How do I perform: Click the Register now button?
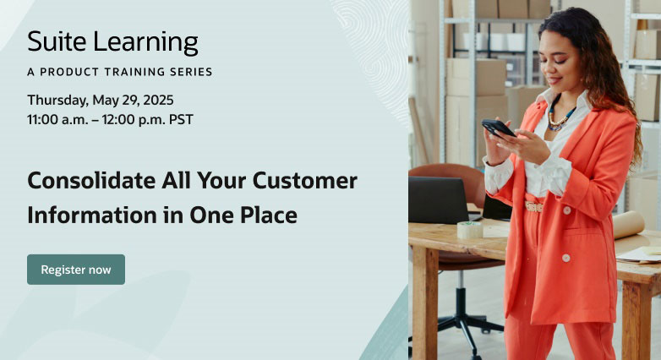76,270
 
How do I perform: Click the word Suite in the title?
57,41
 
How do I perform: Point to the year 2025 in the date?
158,100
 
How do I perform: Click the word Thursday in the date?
57,101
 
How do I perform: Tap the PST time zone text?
181,120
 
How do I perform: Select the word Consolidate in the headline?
91,180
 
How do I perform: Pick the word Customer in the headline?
305,180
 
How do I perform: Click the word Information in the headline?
92,215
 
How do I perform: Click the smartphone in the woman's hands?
498,128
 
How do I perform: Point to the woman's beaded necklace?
560,117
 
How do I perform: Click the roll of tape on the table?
470,230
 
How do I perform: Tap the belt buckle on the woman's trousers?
533,206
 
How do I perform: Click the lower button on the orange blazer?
566,258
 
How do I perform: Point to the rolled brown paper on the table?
629,225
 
